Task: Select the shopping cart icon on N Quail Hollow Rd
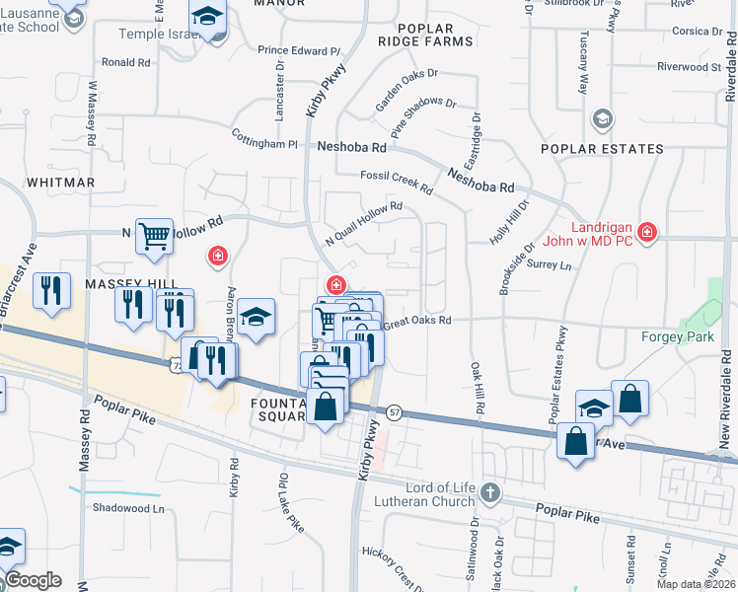point(154,237)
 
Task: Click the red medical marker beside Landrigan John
point(646,232)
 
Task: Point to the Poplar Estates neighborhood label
point(602,149)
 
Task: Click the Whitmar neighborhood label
point(61,183)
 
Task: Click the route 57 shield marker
point(394,412)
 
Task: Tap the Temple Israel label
point(158,34)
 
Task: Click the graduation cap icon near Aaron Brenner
point(256,317)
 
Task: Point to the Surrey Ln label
point(550,265)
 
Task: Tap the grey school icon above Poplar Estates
point(601,120)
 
